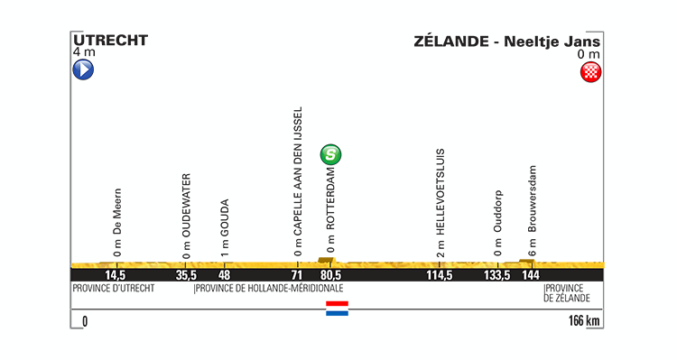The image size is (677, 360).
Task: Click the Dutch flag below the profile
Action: [x=337, y=309]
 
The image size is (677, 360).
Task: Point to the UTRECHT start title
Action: [x=109, y=41]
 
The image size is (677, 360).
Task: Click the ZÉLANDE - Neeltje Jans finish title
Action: [x=506, y=41]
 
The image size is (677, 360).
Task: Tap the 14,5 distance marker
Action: [x=115, y=274]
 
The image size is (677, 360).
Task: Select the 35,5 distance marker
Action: [x=186, y=274]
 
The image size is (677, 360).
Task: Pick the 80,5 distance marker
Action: [x=331, y=274]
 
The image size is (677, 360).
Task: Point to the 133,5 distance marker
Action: [x=498, y=274]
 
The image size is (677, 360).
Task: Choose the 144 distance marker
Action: [x=533, y=274]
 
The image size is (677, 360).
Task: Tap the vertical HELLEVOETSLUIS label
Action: [x=440, y=202]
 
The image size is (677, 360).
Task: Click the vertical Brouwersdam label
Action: [x=533, y=210]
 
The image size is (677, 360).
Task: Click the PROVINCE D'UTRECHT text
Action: [x=113, y=289]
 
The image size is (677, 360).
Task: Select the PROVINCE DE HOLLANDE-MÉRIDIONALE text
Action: [x=270, y=289]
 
